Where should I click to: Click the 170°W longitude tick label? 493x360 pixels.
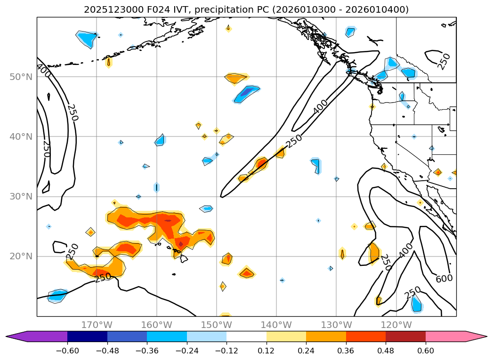[97, 325]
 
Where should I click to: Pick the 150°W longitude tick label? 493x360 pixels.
[216, 325]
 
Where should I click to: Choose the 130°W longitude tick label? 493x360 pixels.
[336, 325]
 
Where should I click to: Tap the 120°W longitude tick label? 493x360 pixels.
[396, 325]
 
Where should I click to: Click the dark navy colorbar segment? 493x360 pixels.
[87, 336]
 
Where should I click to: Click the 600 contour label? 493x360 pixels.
[444, 278]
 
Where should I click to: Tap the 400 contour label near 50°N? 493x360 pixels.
[43, 71]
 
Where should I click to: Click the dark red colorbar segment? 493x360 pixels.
[405, 336]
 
